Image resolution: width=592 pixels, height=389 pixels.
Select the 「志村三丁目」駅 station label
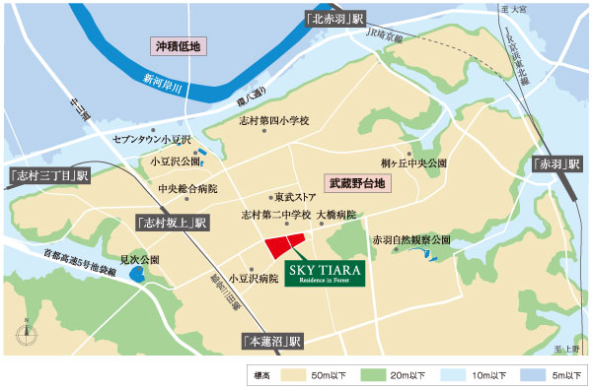(x=47, y=175)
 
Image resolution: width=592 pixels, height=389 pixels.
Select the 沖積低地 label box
(x=178, y=46)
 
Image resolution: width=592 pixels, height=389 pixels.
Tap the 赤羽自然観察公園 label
(x=410, y=239)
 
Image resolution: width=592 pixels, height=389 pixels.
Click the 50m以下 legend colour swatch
(x=298, y=374)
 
